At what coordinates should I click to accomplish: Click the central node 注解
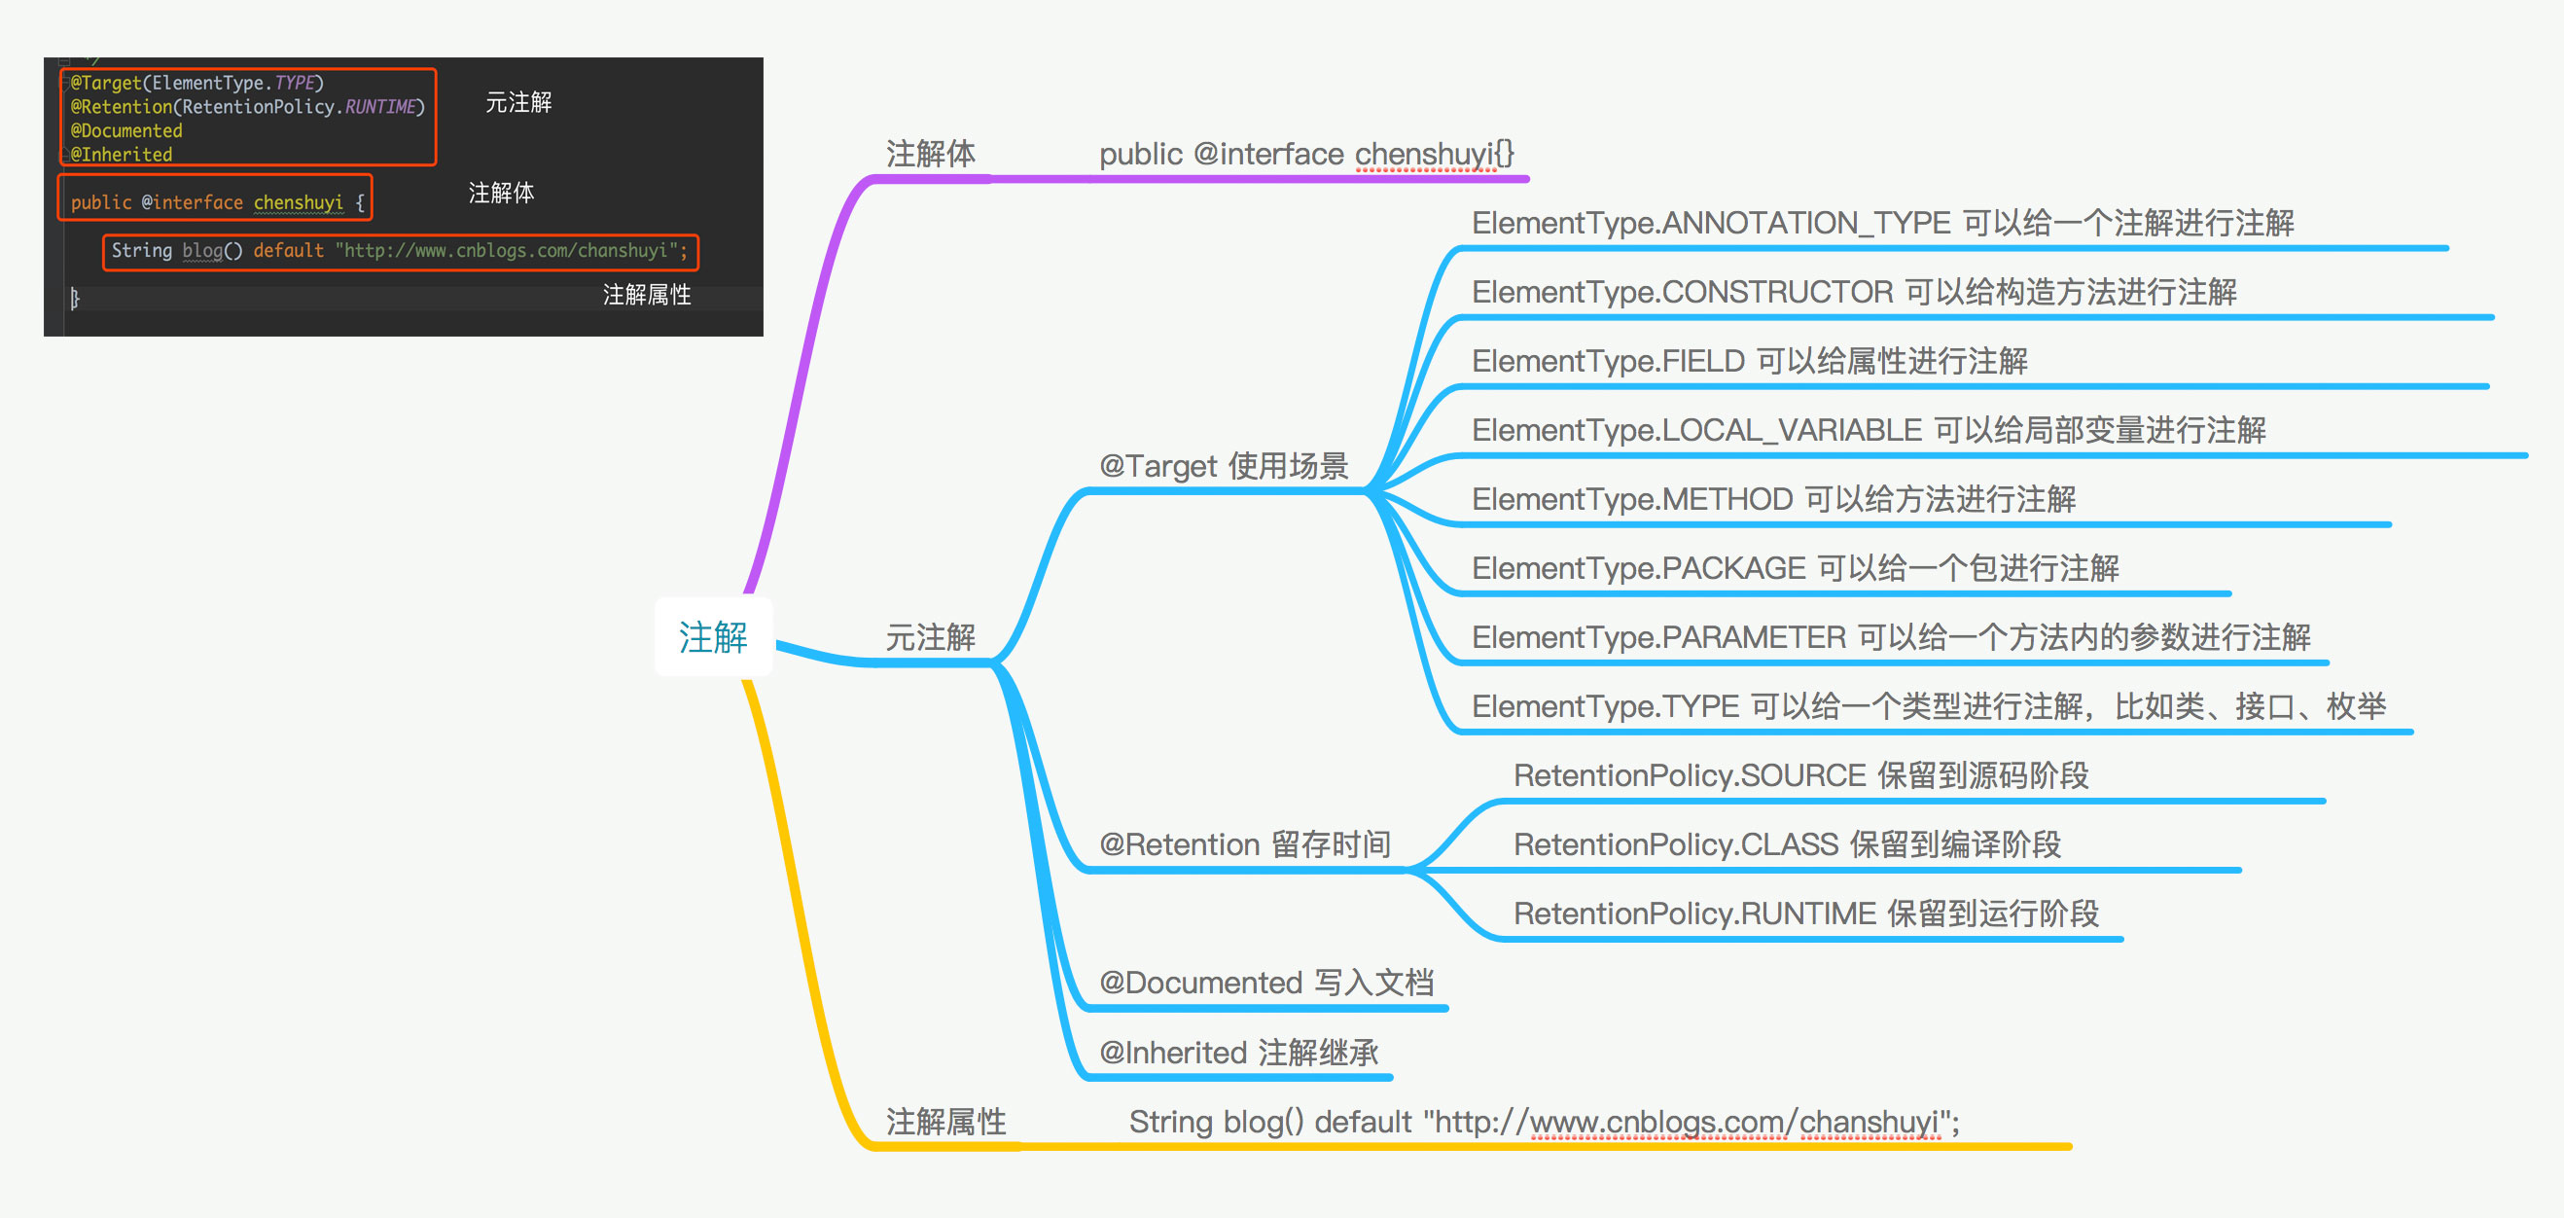[x=713, y=637]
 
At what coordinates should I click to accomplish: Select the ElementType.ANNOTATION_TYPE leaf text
[x=1882, y=223]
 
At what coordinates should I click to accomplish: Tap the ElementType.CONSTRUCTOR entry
[x=1854, y=292]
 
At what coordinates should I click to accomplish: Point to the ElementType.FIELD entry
[x=1750, y=360]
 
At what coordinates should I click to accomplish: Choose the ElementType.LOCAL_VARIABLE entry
[x=1870, y=430]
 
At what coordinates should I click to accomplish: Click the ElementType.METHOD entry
[x=1774, y=498]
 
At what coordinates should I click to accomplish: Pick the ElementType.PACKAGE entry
[x=1796, y=568]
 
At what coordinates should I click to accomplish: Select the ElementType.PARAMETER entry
[x=1891, y=637]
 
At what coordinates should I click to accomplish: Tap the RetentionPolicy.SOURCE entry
[x=1800, y=775]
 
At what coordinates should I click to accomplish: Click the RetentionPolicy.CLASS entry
[x=1787, y=843]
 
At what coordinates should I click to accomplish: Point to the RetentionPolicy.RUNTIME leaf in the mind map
[x=1805, y=913]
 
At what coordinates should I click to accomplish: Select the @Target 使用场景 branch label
[x=1224, y=466]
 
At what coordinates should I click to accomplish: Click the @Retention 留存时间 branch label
[x=1244, y=843]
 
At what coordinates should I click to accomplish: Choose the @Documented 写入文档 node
[x=1266, y=983]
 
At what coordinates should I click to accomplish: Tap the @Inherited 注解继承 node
[x=1238, y=1052]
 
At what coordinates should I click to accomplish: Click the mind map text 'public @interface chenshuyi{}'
[x=1306, y=155]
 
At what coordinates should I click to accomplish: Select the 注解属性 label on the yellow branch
[x=945, y=1122]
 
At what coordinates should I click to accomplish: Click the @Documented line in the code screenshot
[x=126, y=130]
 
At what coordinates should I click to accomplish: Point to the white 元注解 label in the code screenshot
[x=518, y=102]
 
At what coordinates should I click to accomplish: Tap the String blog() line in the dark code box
[x=399, y=251]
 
